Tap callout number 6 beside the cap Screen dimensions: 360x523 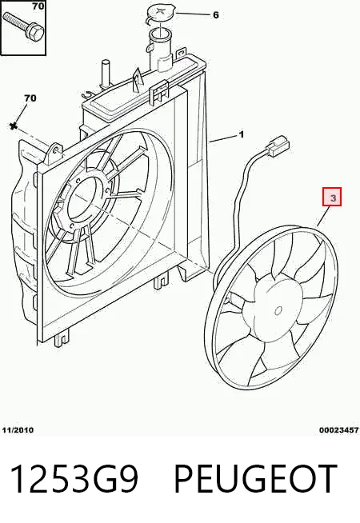216,15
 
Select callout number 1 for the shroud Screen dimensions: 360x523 242,134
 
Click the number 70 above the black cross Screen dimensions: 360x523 30,98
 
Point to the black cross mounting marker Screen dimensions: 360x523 14,126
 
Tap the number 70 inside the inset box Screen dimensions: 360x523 38,6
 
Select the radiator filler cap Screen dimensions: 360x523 159,14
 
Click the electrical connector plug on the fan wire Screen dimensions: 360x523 277,146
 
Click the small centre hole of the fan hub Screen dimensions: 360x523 278,310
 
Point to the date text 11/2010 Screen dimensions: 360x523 18,430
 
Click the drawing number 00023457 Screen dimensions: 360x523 338,430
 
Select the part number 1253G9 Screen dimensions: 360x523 74,479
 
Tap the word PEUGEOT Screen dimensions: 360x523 255,479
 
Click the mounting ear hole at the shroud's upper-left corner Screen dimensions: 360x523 56,149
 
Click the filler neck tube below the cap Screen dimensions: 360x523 161,50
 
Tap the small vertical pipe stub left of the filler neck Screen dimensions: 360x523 105,75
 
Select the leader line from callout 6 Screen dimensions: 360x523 193,14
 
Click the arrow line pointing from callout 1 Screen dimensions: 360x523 223,138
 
